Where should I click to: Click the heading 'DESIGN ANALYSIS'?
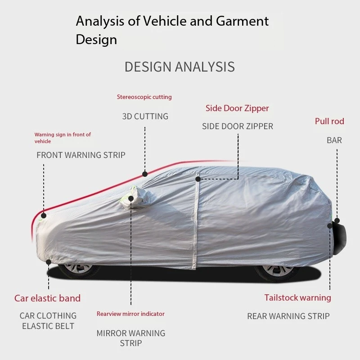pyautogui.click(x=180, y=67)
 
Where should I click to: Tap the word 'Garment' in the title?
pyautogui.click(x=242, y=21)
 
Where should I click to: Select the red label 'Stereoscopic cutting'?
pyautogui.click(x=144, y=97)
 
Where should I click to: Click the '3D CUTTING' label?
pyautogui.click(x=145, y=117)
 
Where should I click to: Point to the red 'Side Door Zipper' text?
pyautogui.click(x=237, y=108)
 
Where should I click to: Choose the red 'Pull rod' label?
pyautogui.click(x=329, y=121)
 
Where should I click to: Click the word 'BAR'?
pyautogui.click(x=334, y=140)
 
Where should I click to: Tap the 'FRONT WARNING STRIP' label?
pyautogui.click(x=81, y=155)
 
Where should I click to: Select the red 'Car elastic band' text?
pyautogui.click(x=47, y=298)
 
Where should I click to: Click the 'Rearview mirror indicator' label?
pyautogui.click(x=130, y=314)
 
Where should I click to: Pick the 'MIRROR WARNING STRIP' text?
pyautogui.click(x=131, y=338)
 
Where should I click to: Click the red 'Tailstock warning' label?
pyautogui.click(x=298, y=298)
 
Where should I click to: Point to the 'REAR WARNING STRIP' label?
pyautogui.click(x=288, y=316)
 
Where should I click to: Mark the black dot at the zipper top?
pyautogui.click(x=198, y=179)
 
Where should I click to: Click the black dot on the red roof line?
pyautogui.click(x=145, y=174)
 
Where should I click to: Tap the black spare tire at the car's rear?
pyautogui.click(x=339, y=238)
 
